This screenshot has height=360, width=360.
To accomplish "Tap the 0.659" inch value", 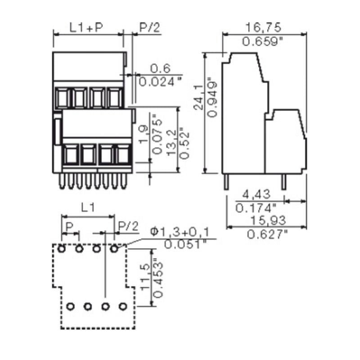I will pyautogui.click(x=263, y=42).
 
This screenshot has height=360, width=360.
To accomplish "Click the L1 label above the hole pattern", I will pyautogui.click(x=88, y=208).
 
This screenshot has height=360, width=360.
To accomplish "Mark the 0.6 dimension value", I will pyautogui.click(x=160, y=68).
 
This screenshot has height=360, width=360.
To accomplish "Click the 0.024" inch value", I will pyautogui.click(x=160, y=81).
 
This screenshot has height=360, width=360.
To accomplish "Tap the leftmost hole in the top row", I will pyautogui.click(x=61, y=248).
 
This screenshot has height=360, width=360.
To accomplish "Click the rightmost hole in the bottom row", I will pyautogui.click(x=122, y=306).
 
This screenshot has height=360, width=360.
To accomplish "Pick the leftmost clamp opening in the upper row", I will pyautogui.click(x=62, y=97).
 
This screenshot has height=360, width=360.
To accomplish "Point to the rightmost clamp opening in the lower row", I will pyautogui.click(x=122, y=155).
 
